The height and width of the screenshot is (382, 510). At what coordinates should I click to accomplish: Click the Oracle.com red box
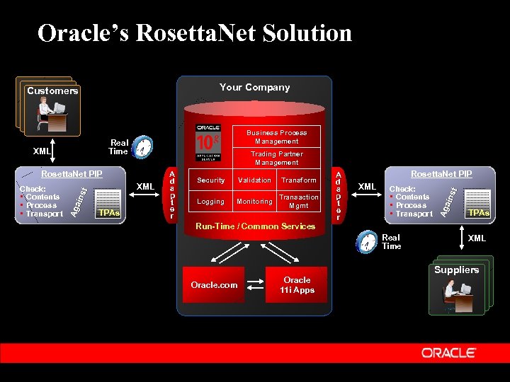(213, 285)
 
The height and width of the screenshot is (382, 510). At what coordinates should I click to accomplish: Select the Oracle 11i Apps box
(297, 285)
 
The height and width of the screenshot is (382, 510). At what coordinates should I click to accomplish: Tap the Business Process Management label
(276, 137)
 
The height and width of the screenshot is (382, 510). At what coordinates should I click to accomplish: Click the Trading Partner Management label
(276, 158)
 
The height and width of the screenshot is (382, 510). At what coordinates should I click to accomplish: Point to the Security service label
(211, 180)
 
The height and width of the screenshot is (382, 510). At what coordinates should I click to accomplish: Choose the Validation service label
(254, 180)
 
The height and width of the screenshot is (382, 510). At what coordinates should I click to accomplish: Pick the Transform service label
(299, 180)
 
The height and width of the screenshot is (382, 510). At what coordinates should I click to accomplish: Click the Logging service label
(210, 202)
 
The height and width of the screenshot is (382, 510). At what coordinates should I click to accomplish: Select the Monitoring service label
(254, 202)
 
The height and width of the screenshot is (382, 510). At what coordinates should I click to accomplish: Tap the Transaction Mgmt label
(299, 202)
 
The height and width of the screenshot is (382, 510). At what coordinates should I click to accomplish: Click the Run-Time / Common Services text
(255, 226)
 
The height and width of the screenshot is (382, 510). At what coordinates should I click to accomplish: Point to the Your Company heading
(255, 88)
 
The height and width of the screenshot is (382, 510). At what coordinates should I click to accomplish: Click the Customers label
(52, 91)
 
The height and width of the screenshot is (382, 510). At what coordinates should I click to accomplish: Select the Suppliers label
(457, 270)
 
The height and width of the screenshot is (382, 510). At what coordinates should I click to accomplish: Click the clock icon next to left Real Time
(143, 147)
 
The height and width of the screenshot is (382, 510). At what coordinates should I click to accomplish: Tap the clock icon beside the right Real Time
(367, 242)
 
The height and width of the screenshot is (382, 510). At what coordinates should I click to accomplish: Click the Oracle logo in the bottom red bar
(453, 352)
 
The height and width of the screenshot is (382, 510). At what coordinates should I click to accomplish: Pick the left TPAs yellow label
(108, 212)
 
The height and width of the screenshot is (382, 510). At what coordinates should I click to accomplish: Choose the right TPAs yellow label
(479, 212)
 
